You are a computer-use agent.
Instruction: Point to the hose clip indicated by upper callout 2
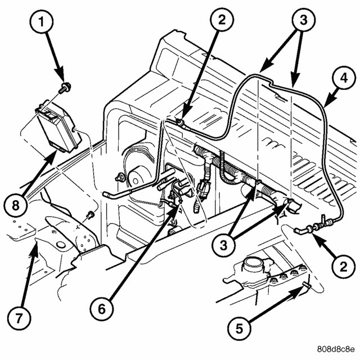[x=179, y=119]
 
